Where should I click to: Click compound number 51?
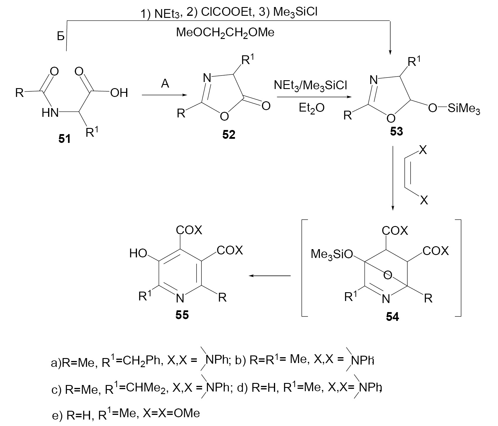pos(65,138)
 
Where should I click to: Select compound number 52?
pos(229,135)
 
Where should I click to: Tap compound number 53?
pos(397,131)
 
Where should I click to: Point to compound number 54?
pos(392,317)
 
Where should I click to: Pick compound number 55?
pos(182,315)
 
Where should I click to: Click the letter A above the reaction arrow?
pos(165,84)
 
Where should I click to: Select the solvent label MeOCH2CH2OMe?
pos(225,32)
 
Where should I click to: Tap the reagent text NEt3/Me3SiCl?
pos(311,85)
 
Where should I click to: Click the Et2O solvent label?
pos(311,108)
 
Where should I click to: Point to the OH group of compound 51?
pos(119,93)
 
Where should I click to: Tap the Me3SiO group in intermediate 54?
pos(332,254)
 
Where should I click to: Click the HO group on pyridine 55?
pos(138,254)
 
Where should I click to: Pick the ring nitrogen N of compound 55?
pos(180,298)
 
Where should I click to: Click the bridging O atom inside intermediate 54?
pos(388,275)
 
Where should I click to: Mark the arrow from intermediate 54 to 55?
pos(270,276)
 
